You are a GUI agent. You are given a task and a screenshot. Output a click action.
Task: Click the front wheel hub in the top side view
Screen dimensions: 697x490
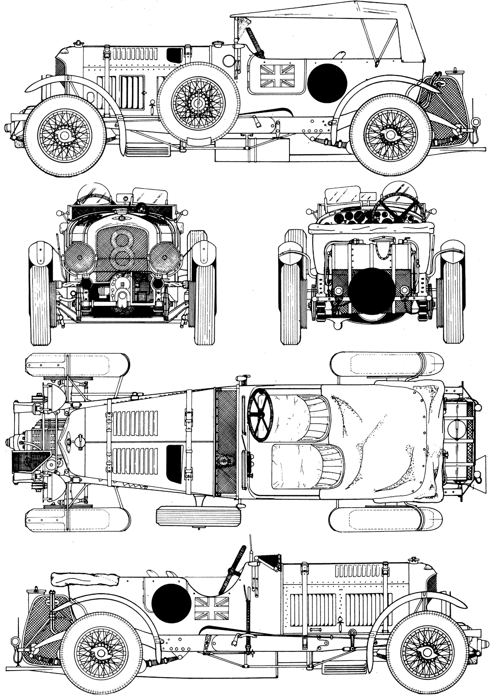[65, 135]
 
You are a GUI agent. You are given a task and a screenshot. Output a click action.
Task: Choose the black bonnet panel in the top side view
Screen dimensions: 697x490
[175, 54]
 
